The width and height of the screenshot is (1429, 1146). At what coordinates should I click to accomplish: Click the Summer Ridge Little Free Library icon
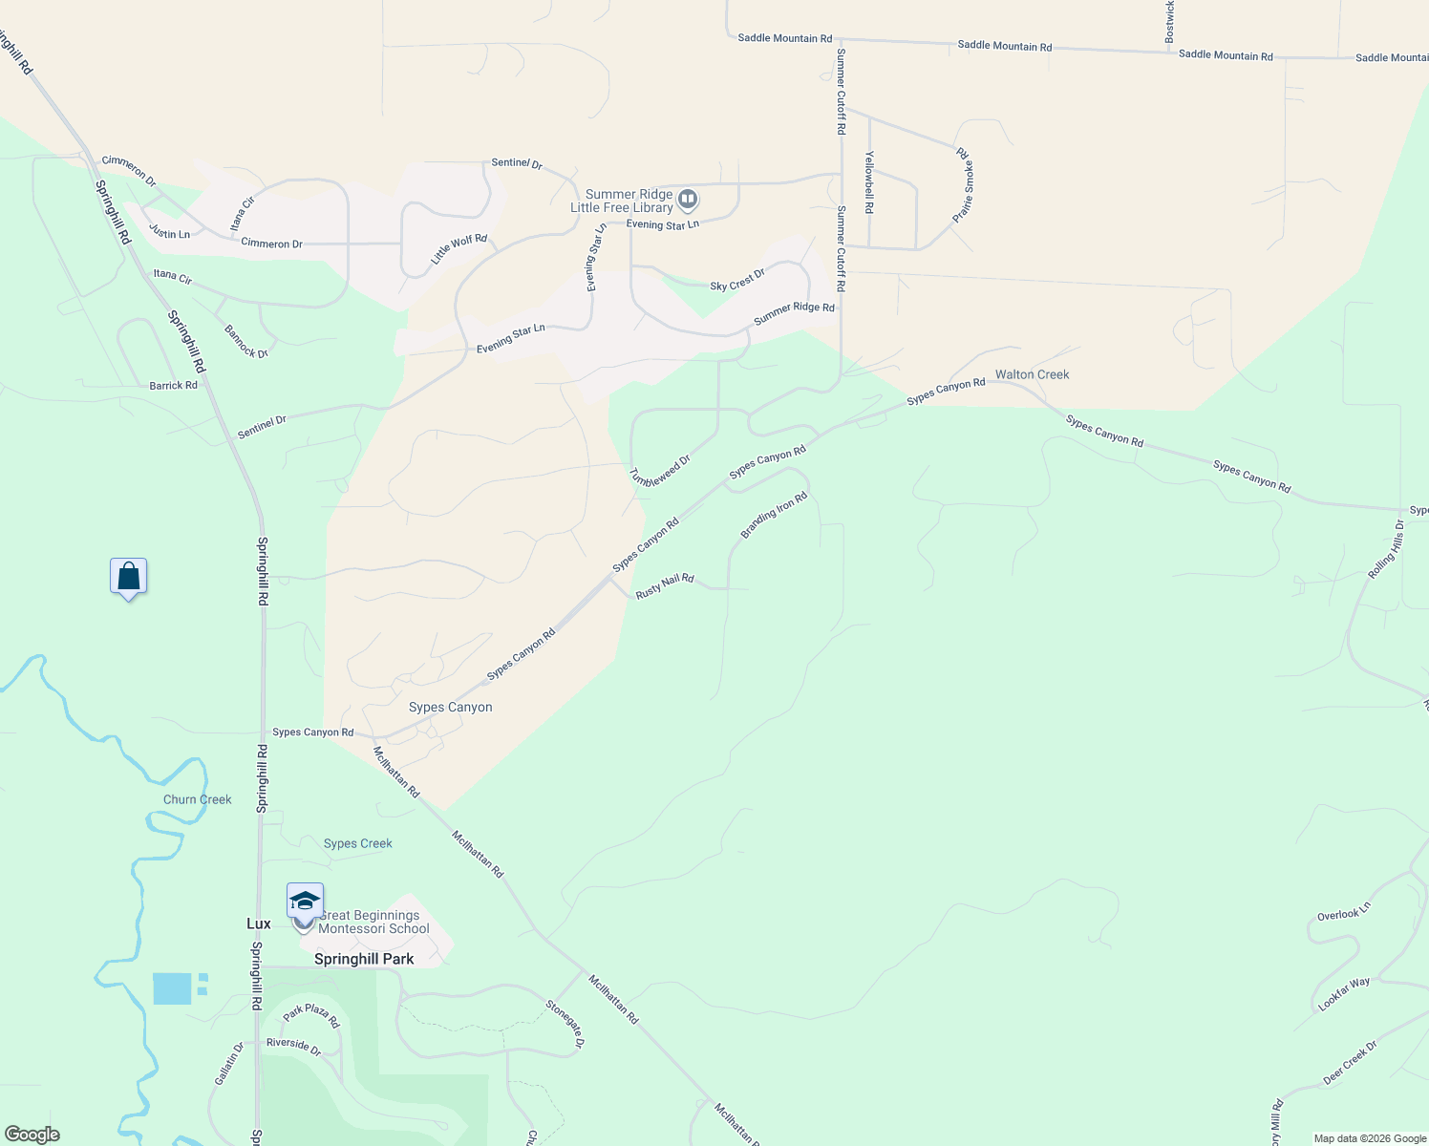(688, 200)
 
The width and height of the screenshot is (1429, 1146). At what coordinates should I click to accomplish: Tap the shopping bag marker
(128, 577)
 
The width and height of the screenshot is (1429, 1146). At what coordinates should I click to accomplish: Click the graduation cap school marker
(305, 902)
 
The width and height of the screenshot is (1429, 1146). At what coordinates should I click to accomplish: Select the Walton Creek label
(1032, 374)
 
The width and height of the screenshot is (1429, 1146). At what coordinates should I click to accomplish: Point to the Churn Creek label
(197, 799)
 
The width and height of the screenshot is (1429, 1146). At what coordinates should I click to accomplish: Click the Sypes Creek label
(357, 843)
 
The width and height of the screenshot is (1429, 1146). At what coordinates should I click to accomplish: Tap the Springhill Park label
(364, 959)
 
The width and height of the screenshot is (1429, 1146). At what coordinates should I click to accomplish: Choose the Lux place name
(258, 923)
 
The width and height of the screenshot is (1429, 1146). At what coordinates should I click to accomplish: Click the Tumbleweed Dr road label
(660, 471)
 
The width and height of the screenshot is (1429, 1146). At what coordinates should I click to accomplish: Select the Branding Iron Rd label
(774, 515)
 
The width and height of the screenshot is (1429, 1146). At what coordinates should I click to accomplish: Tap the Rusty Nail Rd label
(665, 585)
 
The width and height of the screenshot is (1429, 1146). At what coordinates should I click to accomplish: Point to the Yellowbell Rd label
(869, 181)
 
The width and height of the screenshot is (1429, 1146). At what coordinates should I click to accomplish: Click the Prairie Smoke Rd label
(963, 185)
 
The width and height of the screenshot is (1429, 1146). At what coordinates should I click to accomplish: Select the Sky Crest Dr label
(737, 281)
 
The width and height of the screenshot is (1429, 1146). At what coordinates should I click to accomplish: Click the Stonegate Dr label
(565, 1024)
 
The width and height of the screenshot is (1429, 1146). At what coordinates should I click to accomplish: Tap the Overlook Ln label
(1344, 912)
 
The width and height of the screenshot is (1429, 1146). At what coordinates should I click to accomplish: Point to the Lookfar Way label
(1344, 994)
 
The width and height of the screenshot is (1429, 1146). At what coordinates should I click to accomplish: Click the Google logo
(32, 1135)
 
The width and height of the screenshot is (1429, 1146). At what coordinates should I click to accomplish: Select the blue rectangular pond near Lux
(173, 988)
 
